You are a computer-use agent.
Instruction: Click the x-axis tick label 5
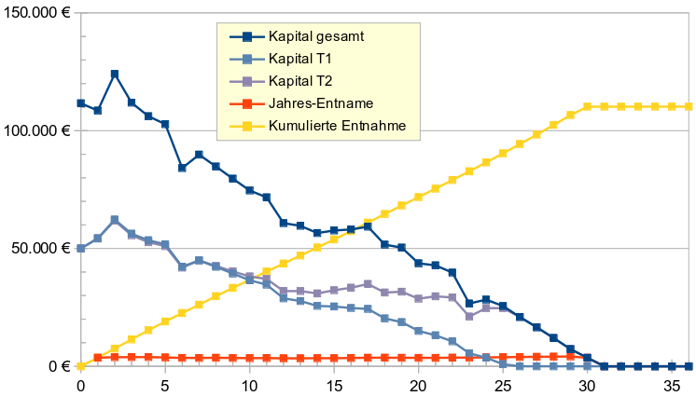coord(165,385)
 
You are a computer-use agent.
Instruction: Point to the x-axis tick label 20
coord(418,385)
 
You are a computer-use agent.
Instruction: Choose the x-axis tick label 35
coord(671,385)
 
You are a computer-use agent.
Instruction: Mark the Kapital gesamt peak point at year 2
coord(115,74)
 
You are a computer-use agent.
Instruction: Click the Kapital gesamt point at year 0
coord(81,103)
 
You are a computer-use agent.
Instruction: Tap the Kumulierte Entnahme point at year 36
coord(689,107)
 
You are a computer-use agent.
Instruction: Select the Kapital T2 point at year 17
coord(368,284)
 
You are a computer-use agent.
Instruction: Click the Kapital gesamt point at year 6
coord(182,168)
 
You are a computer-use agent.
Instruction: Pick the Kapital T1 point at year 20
coord(418,330)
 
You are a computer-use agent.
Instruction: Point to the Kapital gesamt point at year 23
coord(469,304)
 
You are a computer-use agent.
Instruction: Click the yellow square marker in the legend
coord(246,124)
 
